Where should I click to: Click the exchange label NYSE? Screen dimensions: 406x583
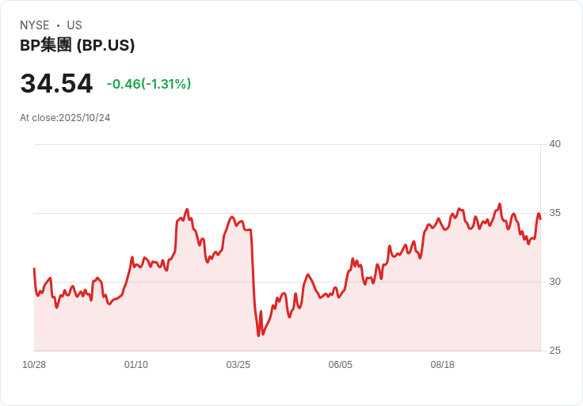[x=34, y=25]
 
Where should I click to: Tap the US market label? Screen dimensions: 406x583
[x=74, y=25]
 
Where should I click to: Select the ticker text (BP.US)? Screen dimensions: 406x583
[x=105, y=46]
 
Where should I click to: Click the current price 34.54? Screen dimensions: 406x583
[x=56, y=84]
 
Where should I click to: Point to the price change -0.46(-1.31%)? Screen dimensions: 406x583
[x=149, y=84]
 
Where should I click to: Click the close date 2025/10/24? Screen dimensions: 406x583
[x=84, y=118]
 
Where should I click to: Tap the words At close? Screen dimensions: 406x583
[x=38, y=118]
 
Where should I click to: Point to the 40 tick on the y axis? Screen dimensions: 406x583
[x=554, y=144]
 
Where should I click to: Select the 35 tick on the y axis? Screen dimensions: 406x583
[x=554, y=213]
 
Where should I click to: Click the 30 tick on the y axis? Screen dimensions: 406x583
[x=554, y=282]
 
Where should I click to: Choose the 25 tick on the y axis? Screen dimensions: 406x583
[x=554, y=351]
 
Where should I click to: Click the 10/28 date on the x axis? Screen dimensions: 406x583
[x=34, y=365]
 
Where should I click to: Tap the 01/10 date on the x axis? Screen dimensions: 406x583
[x=136, y=365]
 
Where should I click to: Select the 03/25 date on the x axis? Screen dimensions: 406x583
[x=238, y=365]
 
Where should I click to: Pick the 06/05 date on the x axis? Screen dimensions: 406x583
[x=341, y=365]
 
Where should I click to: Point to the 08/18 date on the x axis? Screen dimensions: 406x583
[x=443, y=365]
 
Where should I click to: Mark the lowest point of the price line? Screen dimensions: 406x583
[x=258, y=336]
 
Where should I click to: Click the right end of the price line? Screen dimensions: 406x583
[x=540, y=216]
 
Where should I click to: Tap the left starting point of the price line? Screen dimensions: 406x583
[x=34, y=269]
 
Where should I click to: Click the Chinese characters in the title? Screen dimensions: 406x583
[x=55, y=46]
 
